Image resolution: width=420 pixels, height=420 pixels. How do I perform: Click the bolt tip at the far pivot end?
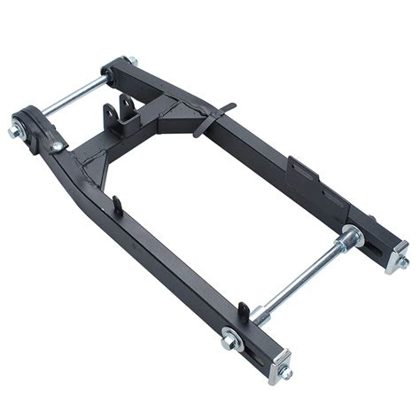coord(133,60)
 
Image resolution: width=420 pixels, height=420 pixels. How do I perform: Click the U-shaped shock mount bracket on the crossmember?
coord(117,115)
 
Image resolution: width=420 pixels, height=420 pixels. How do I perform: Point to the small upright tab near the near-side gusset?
coord(118,206)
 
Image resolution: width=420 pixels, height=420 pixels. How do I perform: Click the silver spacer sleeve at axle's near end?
coord(259,313)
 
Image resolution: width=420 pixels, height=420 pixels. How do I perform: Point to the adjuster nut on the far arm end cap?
coord(403,262)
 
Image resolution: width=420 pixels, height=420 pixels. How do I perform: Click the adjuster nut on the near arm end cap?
coord(286,375)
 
